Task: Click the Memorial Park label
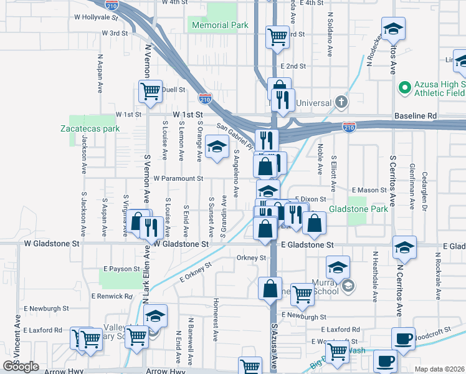220,26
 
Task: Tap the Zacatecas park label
90,129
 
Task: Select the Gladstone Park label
358,209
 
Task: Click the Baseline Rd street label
416,116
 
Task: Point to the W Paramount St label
179,178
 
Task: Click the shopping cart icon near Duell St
150,91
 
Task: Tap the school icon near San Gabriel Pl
217,148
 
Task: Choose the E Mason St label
369,189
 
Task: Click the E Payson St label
122,269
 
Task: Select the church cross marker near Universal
341,101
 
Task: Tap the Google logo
21,367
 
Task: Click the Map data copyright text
439,369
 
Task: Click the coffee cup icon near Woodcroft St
403,338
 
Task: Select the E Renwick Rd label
112,296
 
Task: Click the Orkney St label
251,257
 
